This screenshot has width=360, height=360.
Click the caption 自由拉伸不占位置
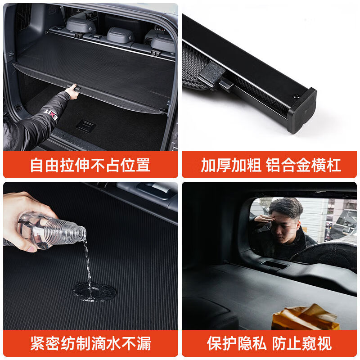point(90,165)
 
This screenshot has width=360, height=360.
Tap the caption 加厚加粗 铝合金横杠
point(270,165)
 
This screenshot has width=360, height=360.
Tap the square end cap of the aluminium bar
point(301,110)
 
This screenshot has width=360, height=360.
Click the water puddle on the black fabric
point(94,292)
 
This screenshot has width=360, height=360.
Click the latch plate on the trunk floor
point(86,126)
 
